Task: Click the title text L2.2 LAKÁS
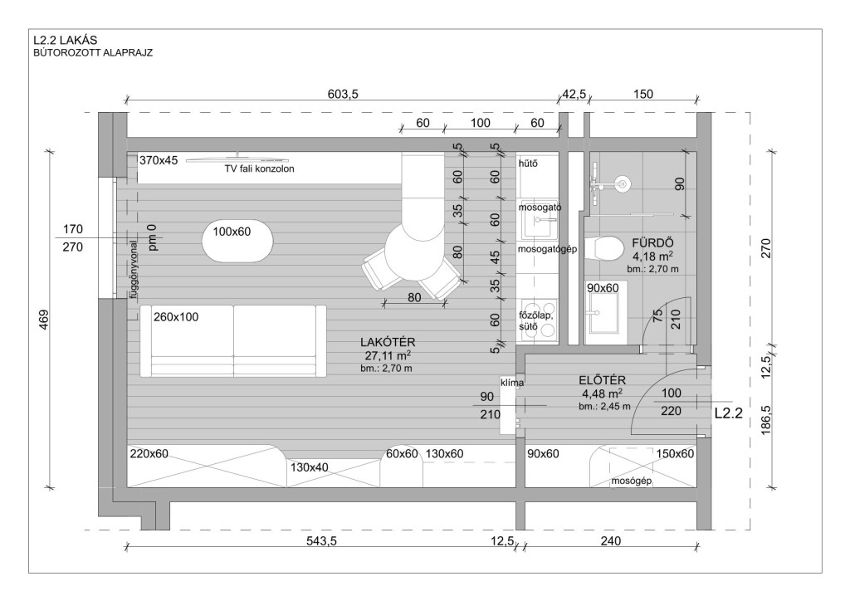65,40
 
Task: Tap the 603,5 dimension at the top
343,95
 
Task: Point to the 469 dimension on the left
45,320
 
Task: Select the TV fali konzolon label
259,169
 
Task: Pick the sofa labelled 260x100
233,341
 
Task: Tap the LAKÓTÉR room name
388,343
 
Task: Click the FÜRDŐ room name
652,242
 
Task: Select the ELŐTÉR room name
603,380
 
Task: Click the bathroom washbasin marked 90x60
606,313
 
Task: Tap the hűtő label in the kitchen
528,164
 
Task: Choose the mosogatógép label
547,249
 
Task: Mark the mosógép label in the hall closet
631,481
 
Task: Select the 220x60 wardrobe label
149,454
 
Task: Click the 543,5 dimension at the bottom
321,541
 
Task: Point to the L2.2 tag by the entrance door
728,413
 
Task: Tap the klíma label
512,383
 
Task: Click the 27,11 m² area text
388,355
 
